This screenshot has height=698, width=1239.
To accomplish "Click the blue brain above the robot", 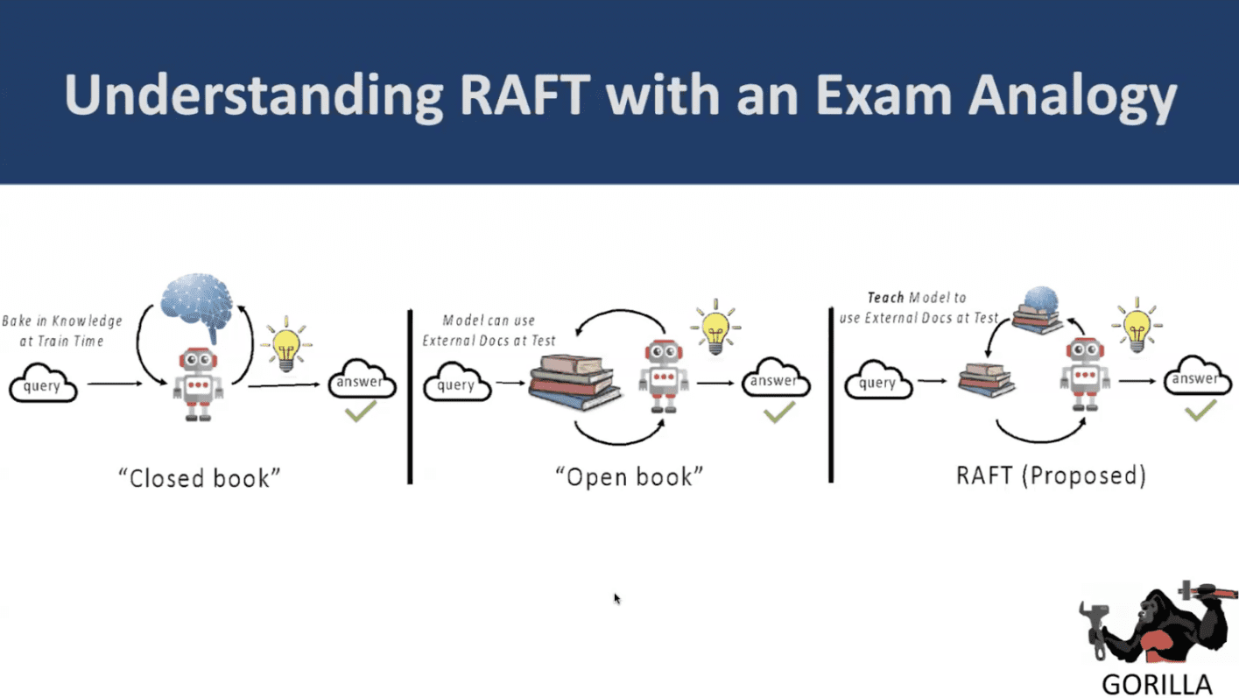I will coord(196,304).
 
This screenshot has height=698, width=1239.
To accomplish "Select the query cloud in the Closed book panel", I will coord(43,386).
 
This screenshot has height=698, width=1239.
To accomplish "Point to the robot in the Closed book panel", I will coord(199,384).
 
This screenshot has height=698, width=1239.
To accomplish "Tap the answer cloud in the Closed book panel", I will coord(361,383).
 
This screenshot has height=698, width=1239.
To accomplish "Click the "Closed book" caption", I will coord(200,477).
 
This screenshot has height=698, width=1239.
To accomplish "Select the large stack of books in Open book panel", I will coord(574,383).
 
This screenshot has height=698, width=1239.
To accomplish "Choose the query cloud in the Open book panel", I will coord(456,385).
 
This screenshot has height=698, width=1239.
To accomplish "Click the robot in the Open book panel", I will coord(665,376).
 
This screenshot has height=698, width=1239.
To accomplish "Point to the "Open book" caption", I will coord(629,476).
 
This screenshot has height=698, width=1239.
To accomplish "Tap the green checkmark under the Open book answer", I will coord(778,412).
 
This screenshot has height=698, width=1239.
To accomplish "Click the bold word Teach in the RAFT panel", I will coord(884,298).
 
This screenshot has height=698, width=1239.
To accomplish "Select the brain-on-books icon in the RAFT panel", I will coord(1038,310).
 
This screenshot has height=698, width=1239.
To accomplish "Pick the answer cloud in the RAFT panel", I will coord(1197,379).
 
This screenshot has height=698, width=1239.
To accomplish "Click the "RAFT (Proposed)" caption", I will coord(1051,475).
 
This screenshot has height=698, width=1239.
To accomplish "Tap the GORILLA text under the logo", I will coord(1156,684).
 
